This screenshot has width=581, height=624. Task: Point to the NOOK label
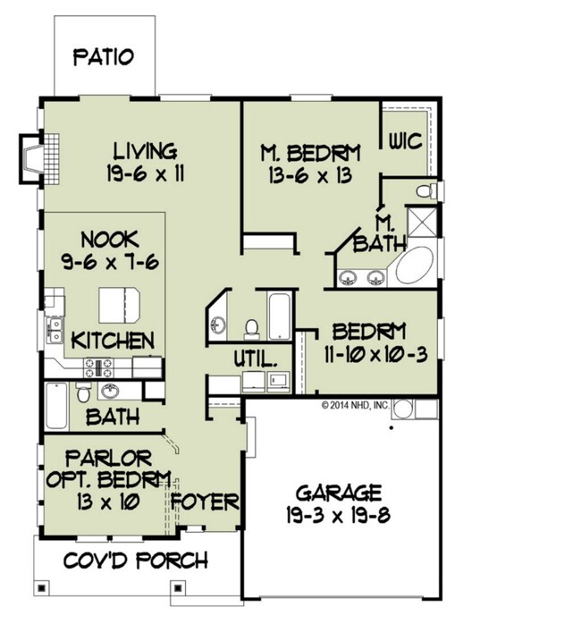[x=110, y=240]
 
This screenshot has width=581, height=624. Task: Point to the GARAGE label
[x=339, y=493]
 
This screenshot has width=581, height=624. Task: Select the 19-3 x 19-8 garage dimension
[x=339, y=516]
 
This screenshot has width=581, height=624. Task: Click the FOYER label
[x=206, y=501]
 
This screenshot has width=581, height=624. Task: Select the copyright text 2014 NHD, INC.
[x=355, y=405]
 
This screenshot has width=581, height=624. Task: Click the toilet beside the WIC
[x=426, y=190]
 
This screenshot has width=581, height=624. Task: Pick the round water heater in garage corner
[x=403, y=409]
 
